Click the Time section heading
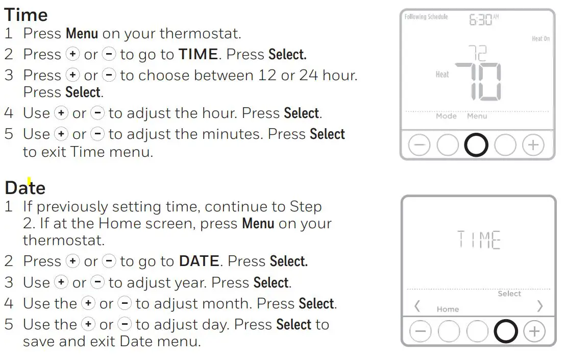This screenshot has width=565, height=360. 26,14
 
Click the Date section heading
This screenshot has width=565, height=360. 25,188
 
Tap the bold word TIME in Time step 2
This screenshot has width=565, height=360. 198,54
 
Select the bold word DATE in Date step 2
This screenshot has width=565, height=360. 199,261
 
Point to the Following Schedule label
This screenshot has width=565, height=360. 426,17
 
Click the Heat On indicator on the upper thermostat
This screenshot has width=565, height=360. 541,39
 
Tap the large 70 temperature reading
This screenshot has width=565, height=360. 478,82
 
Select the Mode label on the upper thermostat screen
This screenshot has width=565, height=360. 446,116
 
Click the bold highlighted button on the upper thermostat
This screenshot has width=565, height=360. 476,146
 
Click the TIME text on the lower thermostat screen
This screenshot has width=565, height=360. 478,239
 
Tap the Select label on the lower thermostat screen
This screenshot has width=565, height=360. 509,294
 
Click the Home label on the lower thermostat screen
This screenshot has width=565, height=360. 448,309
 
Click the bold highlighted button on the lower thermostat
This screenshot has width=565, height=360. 506,332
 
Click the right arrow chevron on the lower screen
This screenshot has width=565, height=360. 539,306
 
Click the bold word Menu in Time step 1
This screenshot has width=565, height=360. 82,34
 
